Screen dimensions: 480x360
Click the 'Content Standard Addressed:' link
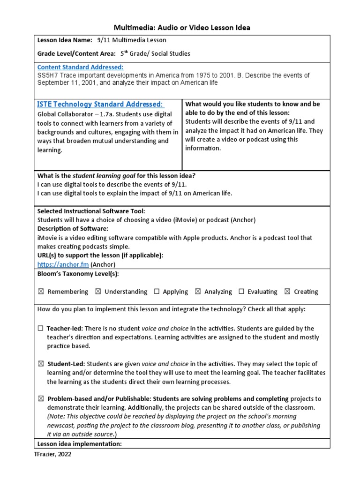coord(80,67)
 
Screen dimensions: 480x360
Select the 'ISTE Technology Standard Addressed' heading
coord(100,104)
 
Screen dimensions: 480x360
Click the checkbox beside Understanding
coord(98,292)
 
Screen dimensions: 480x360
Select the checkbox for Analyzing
coord(198,292)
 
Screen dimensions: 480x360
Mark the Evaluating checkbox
coord(241,292)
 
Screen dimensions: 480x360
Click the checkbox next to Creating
coord(287,292)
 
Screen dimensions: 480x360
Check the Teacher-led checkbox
coord(41,329)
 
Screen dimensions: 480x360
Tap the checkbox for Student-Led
coord(41,364)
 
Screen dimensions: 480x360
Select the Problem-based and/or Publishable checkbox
coord(41,399)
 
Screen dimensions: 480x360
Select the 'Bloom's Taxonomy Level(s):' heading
coord(78,274)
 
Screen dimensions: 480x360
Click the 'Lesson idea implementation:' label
coord(79,443)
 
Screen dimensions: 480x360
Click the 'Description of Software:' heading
coord(73,229)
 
